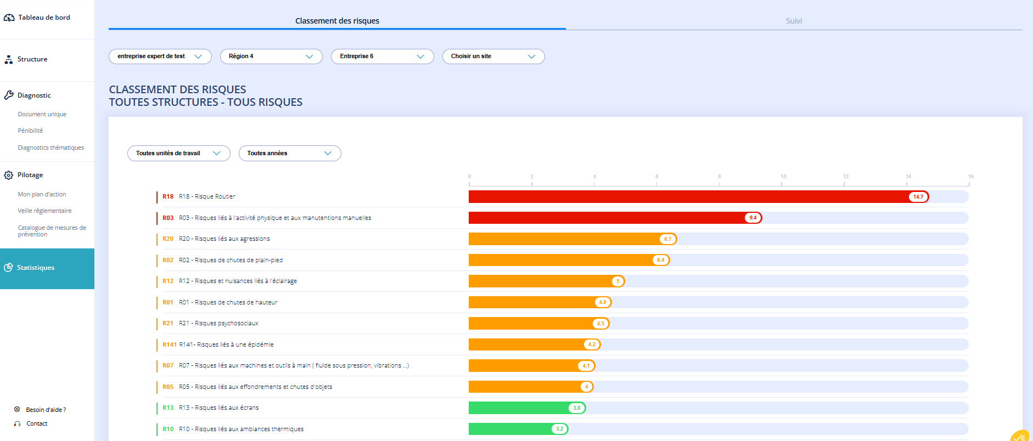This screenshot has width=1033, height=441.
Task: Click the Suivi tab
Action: [x=794, y=21]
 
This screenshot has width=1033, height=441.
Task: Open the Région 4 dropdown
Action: [x=271, y=56]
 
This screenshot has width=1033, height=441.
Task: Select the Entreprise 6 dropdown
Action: [x=383, y=56]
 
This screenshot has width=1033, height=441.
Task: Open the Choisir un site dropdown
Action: [x=493, y=56]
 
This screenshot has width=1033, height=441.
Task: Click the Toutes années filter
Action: [x=290, y=154]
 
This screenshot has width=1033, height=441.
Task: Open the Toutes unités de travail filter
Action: [x=179, y=154]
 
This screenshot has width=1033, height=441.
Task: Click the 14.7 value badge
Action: [x=918, y=197]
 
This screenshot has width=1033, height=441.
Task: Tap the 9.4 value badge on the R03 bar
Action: [x=753, y=218]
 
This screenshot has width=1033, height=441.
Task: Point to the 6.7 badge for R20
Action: [x=667, y=239]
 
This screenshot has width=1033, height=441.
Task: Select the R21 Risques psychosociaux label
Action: [x=218, y=324]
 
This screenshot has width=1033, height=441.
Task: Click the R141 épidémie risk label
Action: [x=226, y=344]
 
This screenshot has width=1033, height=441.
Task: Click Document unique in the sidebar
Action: [x=42, y=114]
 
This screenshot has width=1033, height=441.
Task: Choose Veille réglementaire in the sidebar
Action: [x=44, y=211]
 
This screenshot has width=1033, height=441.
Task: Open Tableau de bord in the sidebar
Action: [x=44, y=18]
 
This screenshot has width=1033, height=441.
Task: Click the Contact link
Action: [x=37, y=423]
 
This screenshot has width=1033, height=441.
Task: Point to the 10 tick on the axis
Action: [x=783, y=177]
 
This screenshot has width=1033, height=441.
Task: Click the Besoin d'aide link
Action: [x=46, y=410]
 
